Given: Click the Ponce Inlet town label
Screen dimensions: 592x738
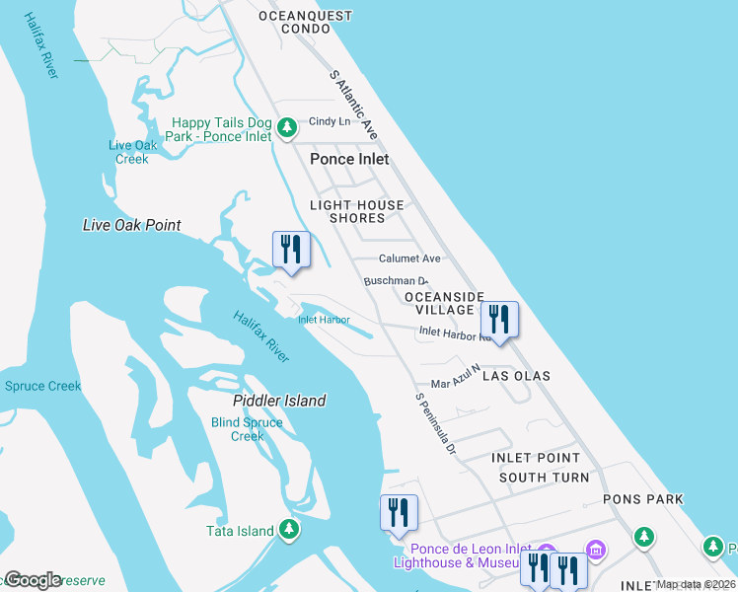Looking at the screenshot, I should [x=349, y=159].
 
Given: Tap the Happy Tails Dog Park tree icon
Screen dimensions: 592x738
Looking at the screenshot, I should [x=286, y=128].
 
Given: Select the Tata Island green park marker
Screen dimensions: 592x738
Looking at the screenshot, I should [x=289, y=531].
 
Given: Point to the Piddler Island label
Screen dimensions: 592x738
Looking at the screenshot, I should [x=279, y=401].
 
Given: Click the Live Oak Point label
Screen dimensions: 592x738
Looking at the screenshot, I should [x=131, y=225].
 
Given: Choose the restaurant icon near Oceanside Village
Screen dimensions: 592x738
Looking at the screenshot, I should [x=499, y=320].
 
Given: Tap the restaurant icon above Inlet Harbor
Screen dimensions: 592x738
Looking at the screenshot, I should [x=291, y=251].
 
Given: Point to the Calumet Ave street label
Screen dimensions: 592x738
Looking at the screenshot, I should [x=410, y=259].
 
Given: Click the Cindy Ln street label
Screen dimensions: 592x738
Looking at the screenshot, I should [x=330, y=121].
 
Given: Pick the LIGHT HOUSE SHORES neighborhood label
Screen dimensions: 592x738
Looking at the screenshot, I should [x=357, y=212].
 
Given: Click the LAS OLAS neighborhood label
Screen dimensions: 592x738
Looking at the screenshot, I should [x=517, y=376].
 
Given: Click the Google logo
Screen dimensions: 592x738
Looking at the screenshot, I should [x=33, y=580].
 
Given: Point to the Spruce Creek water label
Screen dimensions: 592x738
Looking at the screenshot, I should [x=42, y=386].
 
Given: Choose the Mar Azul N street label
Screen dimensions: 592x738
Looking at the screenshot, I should [x=455, y=376].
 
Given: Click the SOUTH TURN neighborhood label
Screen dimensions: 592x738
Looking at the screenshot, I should [x=544, y=478].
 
